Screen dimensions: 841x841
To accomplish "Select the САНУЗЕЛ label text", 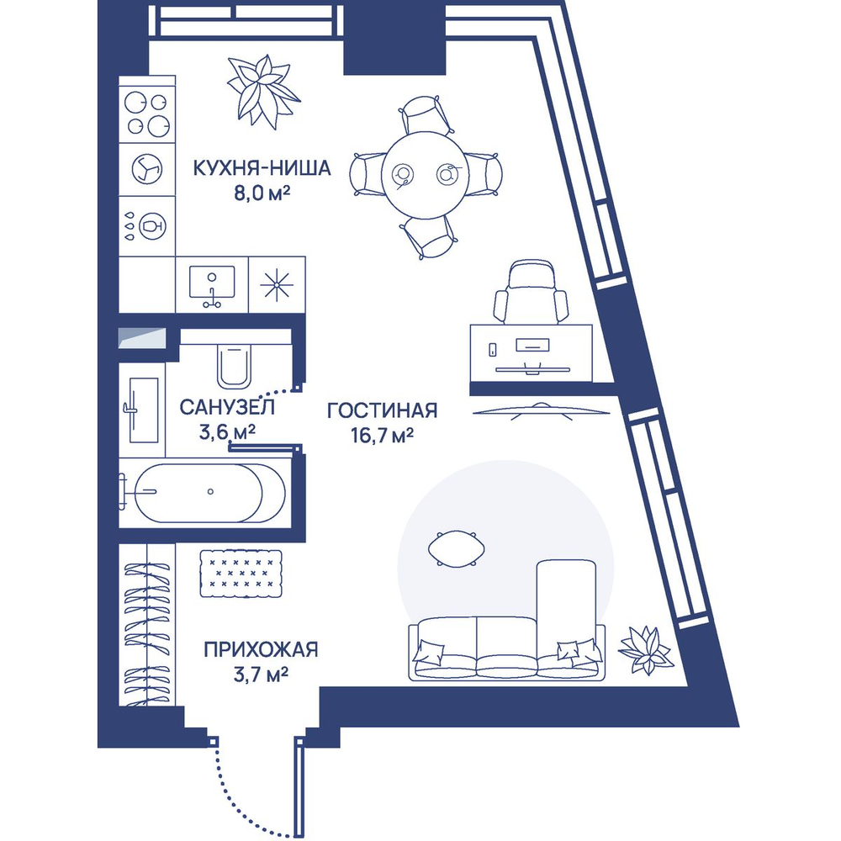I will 228,408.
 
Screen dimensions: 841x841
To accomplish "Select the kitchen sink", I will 212,284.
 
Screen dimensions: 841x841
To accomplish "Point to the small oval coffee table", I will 457,548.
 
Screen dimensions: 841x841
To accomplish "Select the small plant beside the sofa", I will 646,650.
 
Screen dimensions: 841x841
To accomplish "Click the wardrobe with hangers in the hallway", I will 147,622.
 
